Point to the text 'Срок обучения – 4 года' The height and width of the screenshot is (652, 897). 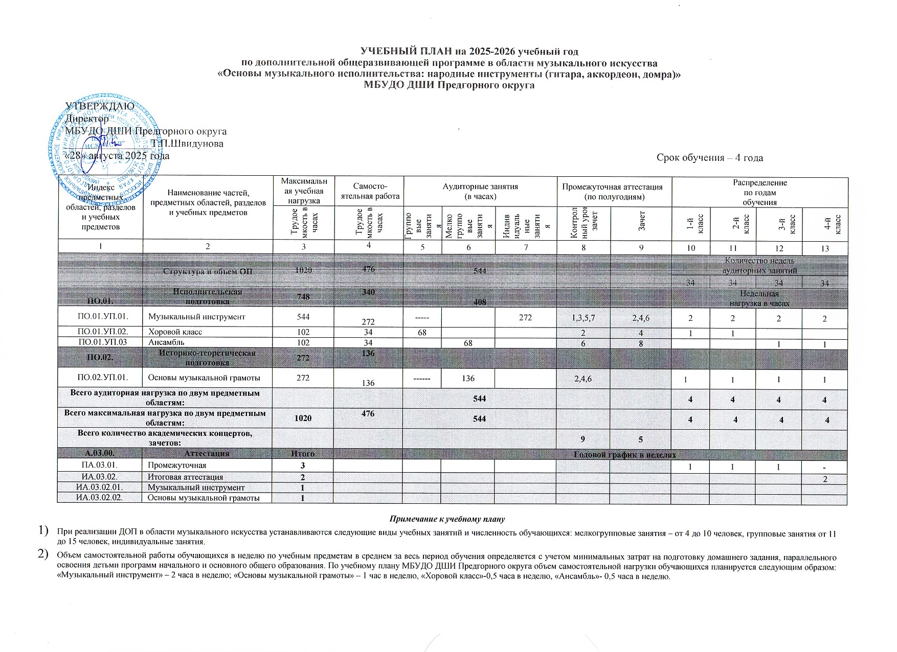click(709, 158)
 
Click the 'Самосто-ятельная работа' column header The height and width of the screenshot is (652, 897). click(369, 192)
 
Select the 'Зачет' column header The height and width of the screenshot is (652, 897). click(641, 223)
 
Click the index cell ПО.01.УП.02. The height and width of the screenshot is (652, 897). click(100, 332)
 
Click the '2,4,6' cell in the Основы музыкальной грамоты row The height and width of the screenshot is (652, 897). click(583, 377)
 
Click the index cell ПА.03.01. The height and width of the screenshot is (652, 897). click(100, 465)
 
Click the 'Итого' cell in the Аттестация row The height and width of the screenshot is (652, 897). click(303, 454)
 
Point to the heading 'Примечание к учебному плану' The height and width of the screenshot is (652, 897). click(447, 519)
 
